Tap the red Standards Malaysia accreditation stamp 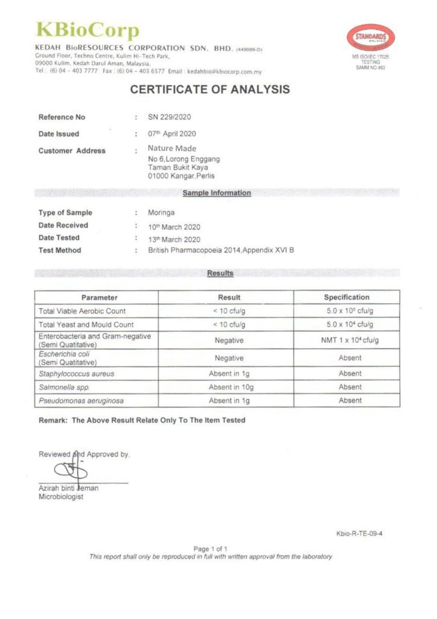(x=370, y=38)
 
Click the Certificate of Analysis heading (x=210, y=90)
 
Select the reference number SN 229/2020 (x=170, y=117)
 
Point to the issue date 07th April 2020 (x=172, y=134)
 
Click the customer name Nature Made (x=172, y=149)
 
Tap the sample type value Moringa (x=161, y=213)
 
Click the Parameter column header (x=100, y=297)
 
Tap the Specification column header (x=346, y=297)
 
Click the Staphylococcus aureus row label (x=76, y=374)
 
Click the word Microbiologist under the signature (x=61, y=497)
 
